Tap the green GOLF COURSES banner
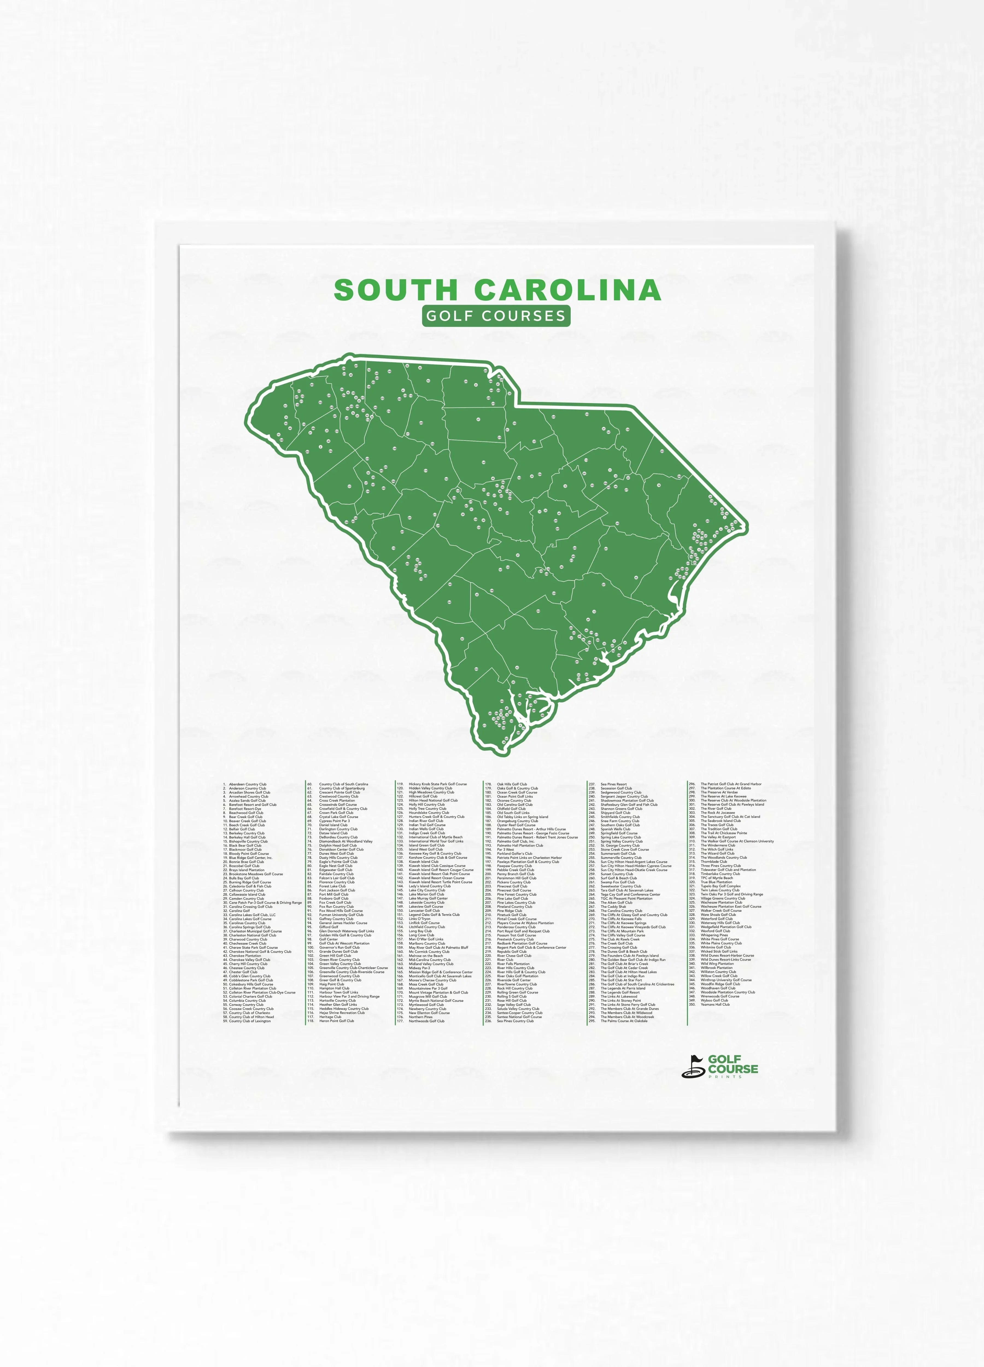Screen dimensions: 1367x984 (x=495, y=316)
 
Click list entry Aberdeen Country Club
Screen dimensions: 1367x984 (x=247, y=784)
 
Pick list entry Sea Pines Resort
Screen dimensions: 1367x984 (x=613, y=784)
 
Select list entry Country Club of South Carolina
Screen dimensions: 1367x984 (x=344, y=784)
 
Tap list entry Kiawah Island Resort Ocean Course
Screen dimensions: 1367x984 (x=436, y=878)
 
